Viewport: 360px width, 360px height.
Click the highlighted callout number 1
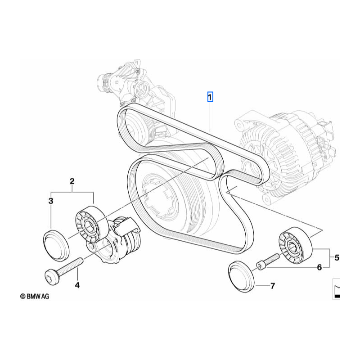pos(210,97)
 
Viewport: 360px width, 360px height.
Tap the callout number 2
pos(72,181)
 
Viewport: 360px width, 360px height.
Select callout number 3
pos(51,201)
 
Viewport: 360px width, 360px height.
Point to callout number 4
pos(77,285)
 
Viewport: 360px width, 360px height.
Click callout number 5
pos(337,257)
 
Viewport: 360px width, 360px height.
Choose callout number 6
pos(319,267)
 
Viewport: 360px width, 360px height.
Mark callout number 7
pos(273,286)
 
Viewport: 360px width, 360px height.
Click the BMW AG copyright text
pos(35,296)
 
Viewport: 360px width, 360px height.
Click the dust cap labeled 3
pos(56,245)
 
